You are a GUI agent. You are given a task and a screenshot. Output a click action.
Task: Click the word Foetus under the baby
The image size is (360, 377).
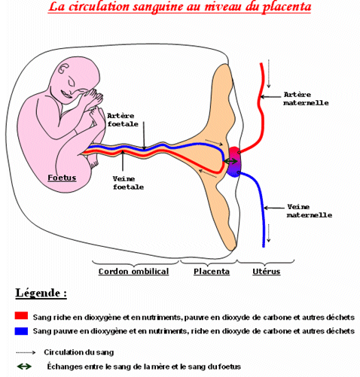62,178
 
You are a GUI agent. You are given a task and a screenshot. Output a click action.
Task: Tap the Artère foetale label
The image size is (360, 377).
123,120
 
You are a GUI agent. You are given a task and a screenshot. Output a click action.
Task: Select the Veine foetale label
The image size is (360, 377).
128,183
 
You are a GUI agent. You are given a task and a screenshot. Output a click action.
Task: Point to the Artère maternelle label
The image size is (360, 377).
306,99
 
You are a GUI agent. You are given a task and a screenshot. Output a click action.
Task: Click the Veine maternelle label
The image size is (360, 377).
310,211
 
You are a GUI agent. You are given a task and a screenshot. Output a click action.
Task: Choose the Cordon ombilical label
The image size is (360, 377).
133,272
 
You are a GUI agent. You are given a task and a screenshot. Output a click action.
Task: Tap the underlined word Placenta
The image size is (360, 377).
212,272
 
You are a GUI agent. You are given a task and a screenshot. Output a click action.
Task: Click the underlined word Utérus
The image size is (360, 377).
267,272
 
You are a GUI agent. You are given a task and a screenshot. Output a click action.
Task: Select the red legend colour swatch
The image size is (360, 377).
21,315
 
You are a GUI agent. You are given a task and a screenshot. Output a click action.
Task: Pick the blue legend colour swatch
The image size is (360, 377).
21,331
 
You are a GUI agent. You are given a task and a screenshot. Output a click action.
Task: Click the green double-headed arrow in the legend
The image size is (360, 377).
24,366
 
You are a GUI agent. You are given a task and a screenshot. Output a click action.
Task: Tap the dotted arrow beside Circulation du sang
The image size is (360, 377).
26,352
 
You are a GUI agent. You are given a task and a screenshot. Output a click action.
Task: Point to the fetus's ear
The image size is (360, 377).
63,68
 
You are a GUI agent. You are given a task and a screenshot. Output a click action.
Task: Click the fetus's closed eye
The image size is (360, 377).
71,83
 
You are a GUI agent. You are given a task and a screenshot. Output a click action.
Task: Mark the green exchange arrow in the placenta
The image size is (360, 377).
230,161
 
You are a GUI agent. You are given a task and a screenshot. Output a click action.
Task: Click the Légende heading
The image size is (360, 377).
41,293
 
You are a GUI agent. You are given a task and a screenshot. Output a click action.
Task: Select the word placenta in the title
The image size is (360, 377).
287,7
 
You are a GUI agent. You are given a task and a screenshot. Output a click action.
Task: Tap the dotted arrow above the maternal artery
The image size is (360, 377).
269,74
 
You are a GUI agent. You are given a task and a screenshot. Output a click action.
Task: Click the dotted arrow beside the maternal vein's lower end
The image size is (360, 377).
269,233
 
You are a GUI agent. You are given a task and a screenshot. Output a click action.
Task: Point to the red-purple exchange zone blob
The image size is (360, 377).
234,162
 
